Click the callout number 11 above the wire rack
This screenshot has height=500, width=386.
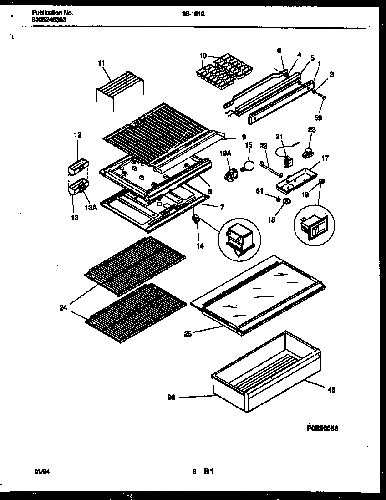click(101, 63)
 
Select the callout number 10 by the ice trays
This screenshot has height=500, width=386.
click(203, 56)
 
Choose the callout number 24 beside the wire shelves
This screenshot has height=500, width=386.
click(63, 307)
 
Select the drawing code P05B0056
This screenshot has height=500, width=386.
click(322, 429)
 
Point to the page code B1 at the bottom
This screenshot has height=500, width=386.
click(208, 472)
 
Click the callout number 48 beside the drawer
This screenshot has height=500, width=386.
click(331, 389)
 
